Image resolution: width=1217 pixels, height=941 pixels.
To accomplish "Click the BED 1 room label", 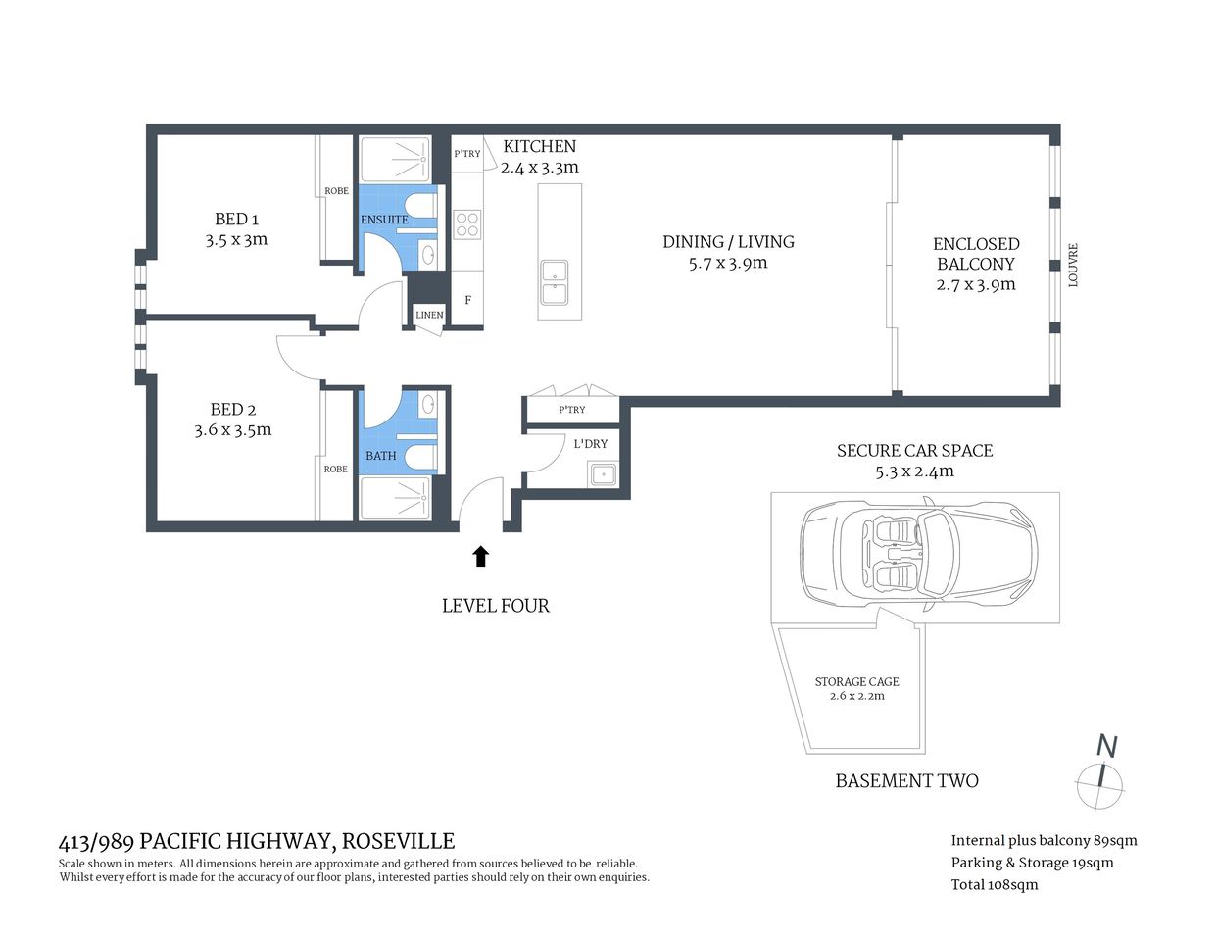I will click(236, 220).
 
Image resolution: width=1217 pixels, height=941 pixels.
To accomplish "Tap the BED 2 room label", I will click(232, 410).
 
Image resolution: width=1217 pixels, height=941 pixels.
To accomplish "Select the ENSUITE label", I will click(384, 220).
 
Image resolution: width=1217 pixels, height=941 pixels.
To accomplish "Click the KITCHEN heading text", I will click(539, 146).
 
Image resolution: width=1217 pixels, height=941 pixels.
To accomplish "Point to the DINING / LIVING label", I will click(728, 242).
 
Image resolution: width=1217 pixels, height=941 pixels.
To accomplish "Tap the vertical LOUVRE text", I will click(1073, 265).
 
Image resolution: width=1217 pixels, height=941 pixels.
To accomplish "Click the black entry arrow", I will click(480, 557).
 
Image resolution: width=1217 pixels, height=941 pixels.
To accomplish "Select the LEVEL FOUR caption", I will click(495, 606).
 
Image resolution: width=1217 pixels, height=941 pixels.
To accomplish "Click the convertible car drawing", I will click(918, 551).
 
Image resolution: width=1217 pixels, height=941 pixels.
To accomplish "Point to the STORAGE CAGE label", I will click(856, 682).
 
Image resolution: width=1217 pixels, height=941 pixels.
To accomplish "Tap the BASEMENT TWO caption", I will click(906, 781).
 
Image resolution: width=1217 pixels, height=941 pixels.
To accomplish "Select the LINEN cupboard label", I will click(429, 315).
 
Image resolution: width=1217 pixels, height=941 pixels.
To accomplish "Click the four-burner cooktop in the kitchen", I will click(467, 224).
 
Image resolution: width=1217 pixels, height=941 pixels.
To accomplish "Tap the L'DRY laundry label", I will click(590, 444).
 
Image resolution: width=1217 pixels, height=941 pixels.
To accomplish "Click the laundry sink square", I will click(602, 475).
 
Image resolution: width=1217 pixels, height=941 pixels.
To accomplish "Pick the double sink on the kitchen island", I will click(554, 282).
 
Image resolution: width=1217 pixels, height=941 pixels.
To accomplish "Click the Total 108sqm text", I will click(994, 884).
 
